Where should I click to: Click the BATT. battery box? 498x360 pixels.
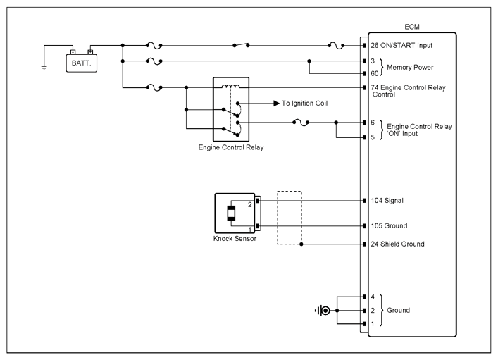coord(82,63)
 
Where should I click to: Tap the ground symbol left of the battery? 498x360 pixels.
coord(44,68)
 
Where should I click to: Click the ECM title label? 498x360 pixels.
coord(412,27)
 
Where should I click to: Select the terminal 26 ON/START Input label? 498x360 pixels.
coord(401,45)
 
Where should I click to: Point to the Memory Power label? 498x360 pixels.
coord(410,68)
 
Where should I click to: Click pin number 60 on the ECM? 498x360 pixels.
coord(375,73)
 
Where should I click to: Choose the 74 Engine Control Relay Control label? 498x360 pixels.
coord(408,91)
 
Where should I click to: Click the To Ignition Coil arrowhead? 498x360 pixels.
coord(276,104)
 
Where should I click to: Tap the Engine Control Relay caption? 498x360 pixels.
coord(231,147)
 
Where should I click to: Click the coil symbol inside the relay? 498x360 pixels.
coord(230,86)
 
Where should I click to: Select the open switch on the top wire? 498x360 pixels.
coord(241,45)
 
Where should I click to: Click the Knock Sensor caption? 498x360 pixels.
coord(235,239)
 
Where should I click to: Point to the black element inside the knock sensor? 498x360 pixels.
coord(231,213)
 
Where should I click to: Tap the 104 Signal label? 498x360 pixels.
coord(387,201)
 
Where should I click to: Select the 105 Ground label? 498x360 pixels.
coord(389,226)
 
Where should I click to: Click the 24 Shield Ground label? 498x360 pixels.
coord(398,244)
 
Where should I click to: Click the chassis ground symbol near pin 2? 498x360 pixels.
coord(323,311)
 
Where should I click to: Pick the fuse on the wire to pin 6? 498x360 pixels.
coord(301,123)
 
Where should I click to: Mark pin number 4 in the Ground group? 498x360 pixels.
coord(373,297)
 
